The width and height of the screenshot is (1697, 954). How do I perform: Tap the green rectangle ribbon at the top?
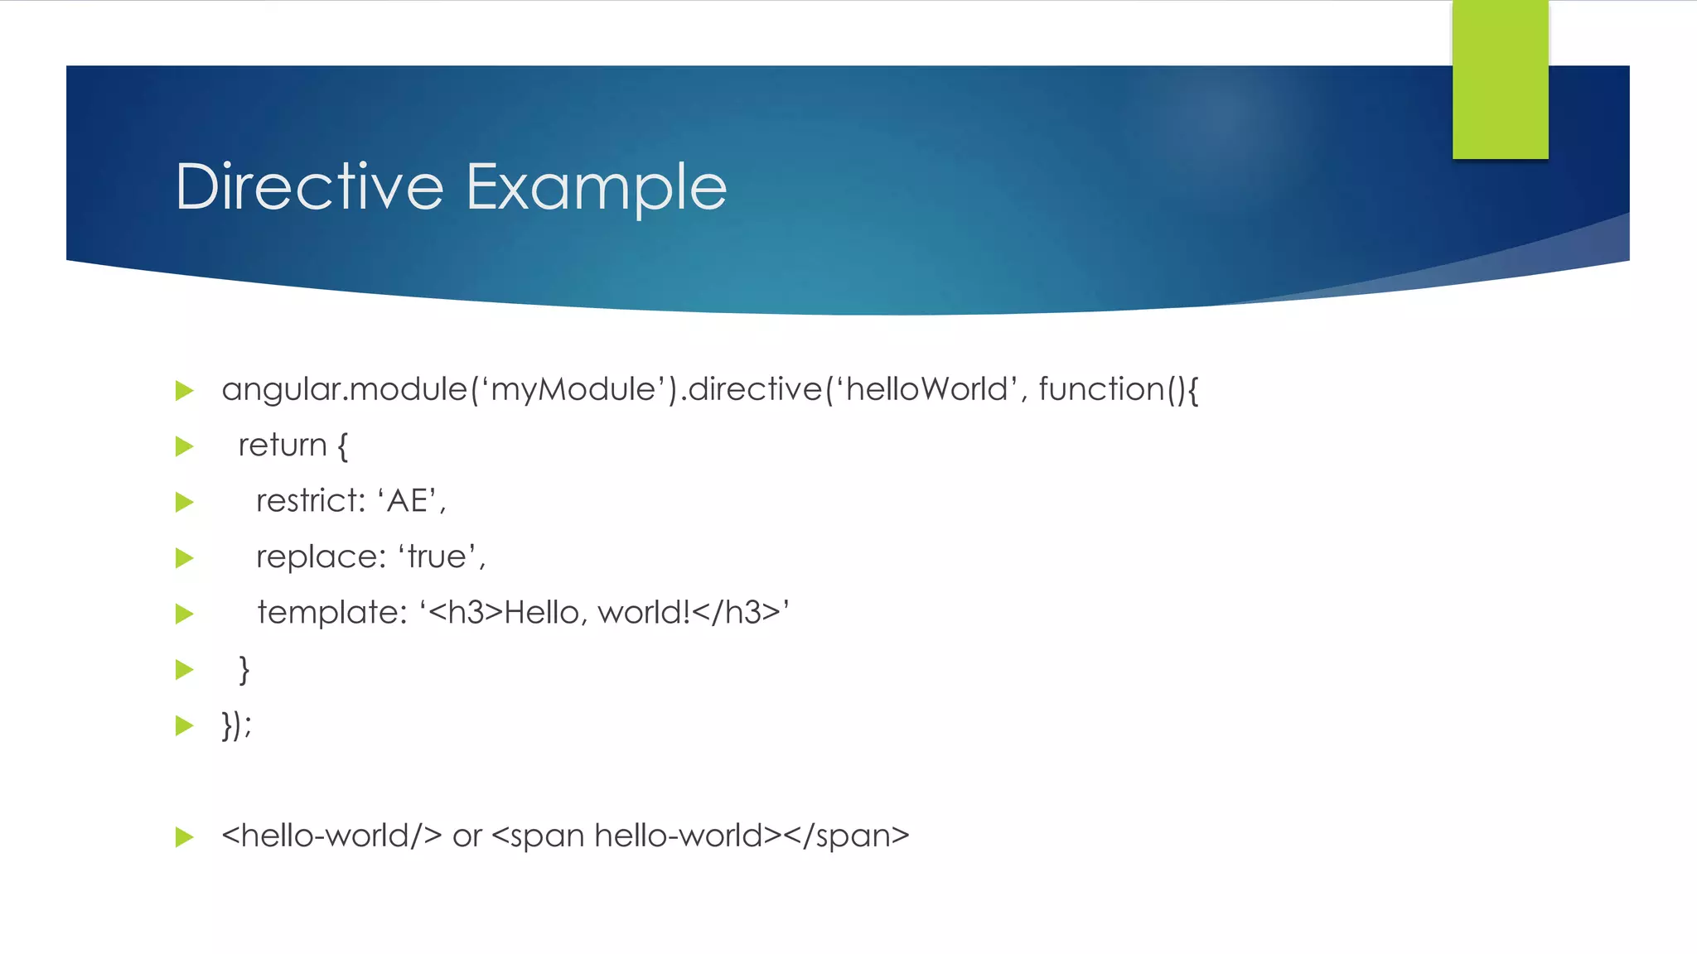click(1500, 79)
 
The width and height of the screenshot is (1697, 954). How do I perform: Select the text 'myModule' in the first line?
click(573, 389)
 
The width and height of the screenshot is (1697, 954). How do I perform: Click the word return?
click(283, 446)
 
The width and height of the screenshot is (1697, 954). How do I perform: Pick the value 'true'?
click(439, 557)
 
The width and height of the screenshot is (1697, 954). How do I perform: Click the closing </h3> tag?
click(737, 613)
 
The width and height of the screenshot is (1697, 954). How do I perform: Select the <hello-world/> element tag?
click(331, 836)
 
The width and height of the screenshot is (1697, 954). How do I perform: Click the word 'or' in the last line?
click(467, 836)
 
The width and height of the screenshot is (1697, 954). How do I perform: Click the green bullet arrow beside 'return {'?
click(185, 447)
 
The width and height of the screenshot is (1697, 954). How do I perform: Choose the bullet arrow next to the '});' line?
click(185, 726)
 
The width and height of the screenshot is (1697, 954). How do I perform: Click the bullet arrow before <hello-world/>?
click(185, 837)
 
